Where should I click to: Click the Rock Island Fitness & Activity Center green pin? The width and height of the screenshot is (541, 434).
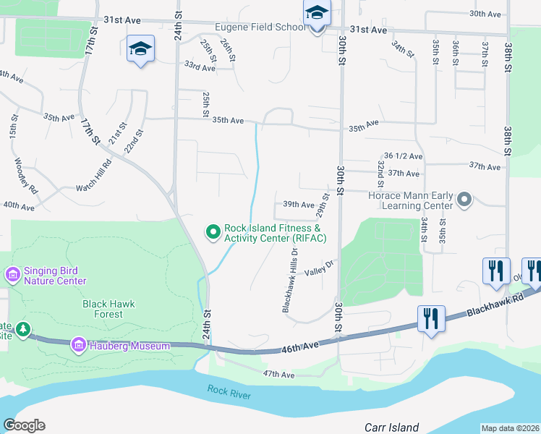(x=213, y=231)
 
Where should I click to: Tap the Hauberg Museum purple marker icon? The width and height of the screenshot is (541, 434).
(x=79, y=346)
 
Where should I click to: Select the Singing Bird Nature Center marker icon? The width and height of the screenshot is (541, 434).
(x=12, y=275)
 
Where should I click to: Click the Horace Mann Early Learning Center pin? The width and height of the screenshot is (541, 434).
(x=464, y=198)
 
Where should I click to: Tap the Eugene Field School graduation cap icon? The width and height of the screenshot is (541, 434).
(x=317, y=14)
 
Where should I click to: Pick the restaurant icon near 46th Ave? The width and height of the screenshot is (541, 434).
(x=431, y=318)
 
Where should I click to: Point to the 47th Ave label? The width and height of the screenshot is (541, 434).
(x=278, y=375)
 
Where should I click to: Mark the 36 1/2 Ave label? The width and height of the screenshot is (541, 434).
(x=404, y=156)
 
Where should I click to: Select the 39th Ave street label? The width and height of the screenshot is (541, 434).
(x=299, y=205)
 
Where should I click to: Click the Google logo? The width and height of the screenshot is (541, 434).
(x=25, y=425)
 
